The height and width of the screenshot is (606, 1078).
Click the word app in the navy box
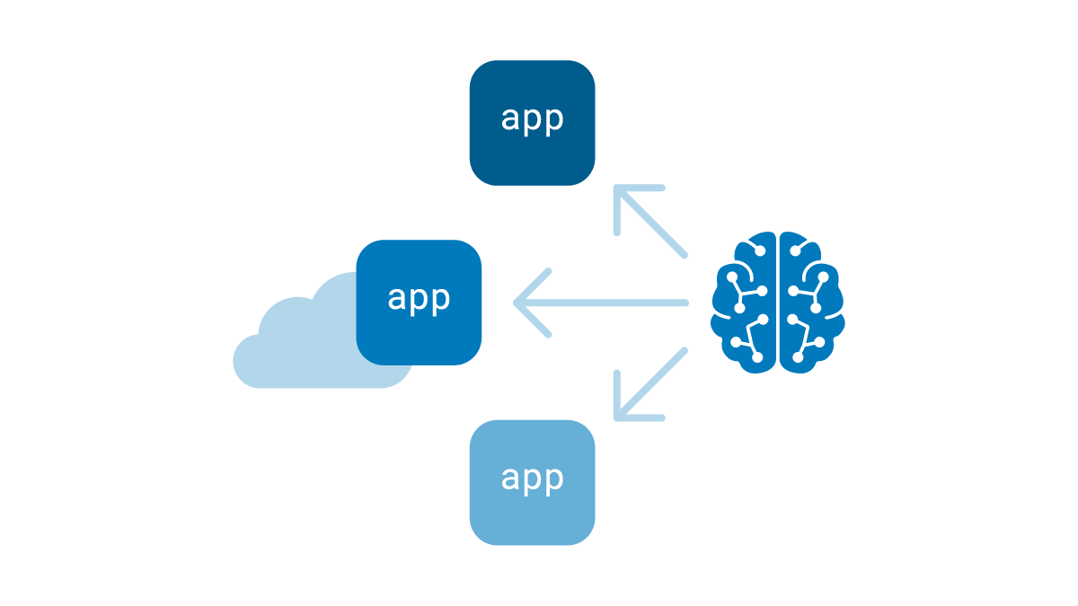click(532, 119)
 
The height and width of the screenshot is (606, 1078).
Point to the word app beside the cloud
click(419, 299)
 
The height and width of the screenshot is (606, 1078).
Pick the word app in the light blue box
click(532, 479)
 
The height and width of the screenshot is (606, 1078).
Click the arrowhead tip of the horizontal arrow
click(517, 303)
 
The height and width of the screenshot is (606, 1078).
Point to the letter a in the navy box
click(510, 119)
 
